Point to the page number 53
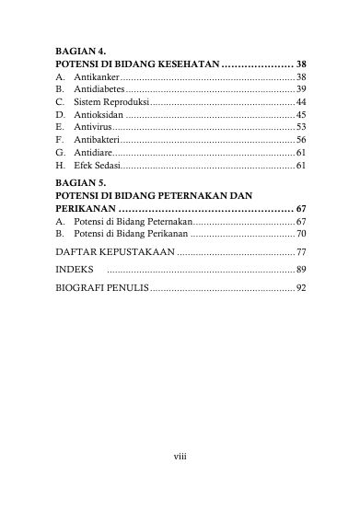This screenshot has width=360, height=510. [301, 126]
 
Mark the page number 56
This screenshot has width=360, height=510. [301, 139]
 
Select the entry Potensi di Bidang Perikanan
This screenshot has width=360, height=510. [122, 235]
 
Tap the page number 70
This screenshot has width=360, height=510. [301, 235]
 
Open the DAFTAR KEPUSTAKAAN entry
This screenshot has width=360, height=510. [116, 251]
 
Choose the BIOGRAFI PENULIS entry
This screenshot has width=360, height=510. [101, 288]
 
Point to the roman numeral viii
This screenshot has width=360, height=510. [180, 455]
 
